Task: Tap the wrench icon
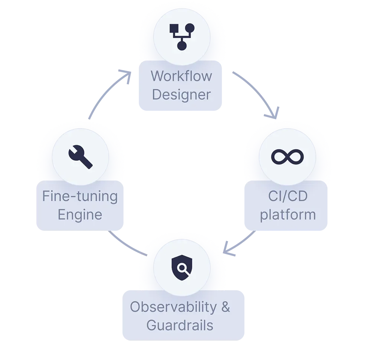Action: (80, 157)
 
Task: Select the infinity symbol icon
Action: (288, 157)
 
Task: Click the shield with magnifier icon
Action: (182, 268)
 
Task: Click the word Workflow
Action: (181, 76)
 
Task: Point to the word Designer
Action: (181, 95)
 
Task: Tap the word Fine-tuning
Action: (80, 196)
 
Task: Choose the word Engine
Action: (80, 215)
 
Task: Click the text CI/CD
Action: (288, 196)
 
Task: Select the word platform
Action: (288, 215)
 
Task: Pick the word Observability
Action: (173, 307)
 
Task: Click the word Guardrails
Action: (180, 325)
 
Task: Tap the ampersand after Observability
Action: (225, 307)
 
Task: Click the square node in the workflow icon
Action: (174, 29)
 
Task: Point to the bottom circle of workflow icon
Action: (182, 46)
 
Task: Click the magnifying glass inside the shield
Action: (183, 268)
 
